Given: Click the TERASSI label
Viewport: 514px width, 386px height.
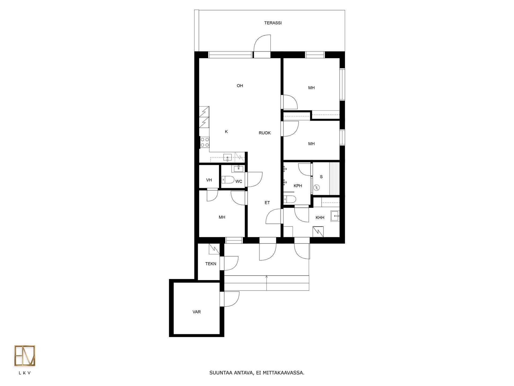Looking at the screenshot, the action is [x=273, y=23].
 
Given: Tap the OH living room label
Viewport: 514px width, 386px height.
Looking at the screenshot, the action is [x=240, y=86].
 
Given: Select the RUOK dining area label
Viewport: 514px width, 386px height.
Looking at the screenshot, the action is [x=264, y=133].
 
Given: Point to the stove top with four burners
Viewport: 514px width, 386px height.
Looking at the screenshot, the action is [x=205, y=142].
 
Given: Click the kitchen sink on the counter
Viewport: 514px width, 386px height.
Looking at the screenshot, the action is [x=228, y=157].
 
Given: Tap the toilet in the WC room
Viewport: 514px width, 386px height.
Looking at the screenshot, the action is [x=228, y=179].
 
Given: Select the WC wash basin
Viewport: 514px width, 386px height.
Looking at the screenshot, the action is [x=238, y=169].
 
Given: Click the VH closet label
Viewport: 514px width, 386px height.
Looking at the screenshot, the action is [x=209, y=180].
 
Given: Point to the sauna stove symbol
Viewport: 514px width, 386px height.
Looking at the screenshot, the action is [x=316, y=188].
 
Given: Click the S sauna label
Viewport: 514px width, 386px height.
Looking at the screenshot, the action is [x=321, y=177].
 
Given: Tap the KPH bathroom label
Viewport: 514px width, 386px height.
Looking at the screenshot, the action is [x=298, y=186].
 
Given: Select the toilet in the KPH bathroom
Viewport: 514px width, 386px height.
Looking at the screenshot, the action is [x=290, y=199].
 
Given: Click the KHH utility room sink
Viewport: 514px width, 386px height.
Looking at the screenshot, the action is [x=335, y=216].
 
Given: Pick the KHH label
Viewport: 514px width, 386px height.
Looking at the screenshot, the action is [x=320, y=218].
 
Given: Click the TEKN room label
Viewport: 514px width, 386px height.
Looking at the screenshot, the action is [x=211, y=264].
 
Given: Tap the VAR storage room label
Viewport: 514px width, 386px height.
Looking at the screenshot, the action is [x=196, y=312].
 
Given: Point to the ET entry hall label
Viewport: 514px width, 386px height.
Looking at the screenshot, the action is [x=267, y=203].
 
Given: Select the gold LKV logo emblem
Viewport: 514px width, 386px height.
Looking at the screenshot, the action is [x=25, y=356].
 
